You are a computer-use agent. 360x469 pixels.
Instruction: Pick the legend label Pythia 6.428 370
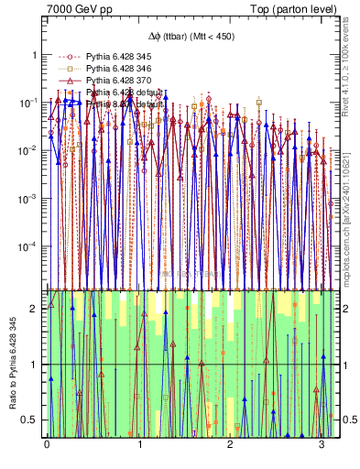point(115,81)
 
